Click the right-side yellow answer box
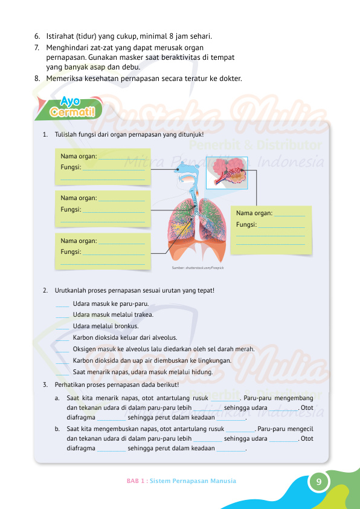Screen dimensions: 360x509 [271, 229]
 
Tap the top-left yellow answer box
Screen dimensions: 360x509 [103, 167]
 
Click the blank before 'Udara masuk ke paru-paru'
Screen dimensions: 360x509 [62, 304]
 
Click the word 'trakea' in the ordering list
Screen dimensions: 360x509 [144, 315]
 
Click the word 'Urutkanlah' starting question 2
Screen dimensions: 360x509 [71, 290]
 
